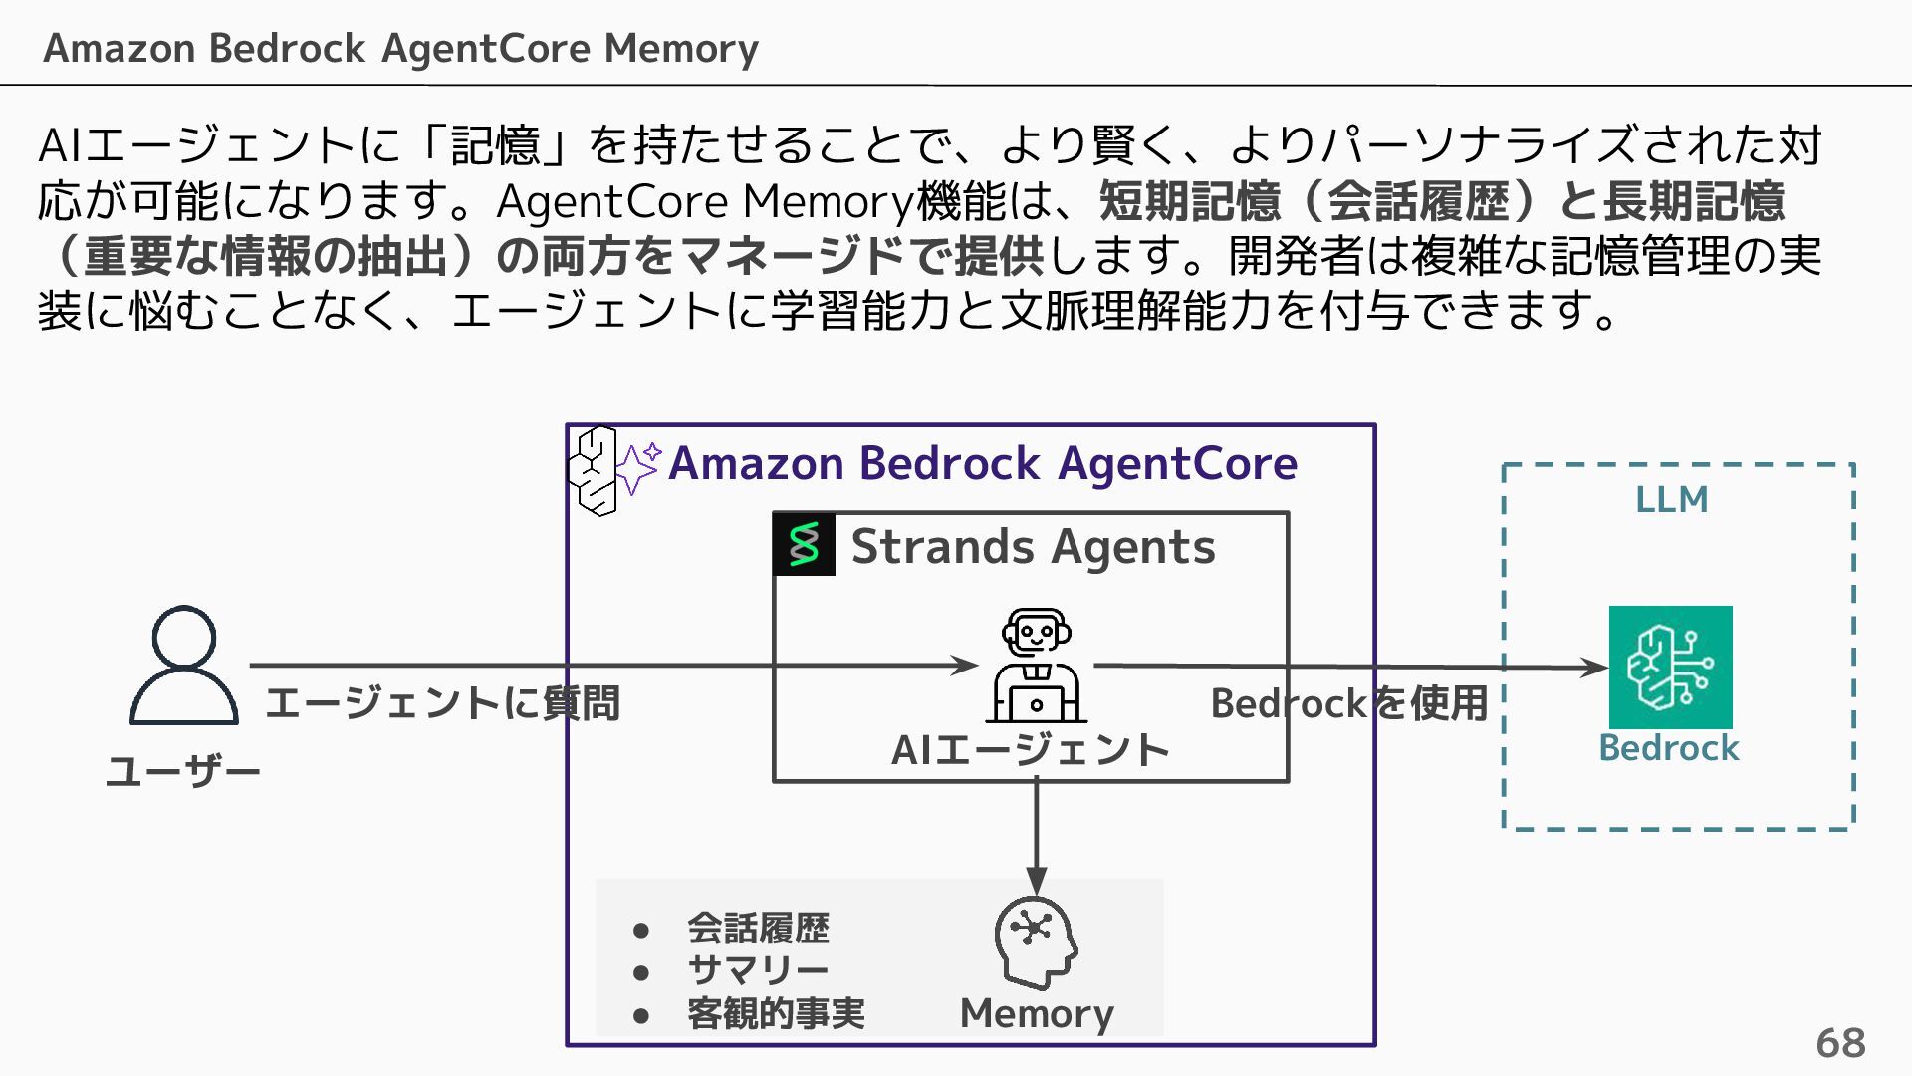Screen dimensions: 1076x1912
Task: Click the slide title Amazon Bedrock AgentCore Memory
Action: point(400,48)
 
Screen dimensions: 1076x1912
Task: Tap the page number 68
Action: point(1839,1043)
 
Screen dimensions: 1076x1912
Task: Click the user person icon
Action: point(184,665)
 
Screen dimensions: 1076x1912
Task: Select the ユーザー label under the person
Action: point(183,771)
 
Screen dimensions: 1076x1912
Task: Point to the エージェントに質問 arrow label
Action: point(442,703)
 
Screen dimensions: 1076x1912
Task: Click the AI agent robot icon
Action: point(1036,666)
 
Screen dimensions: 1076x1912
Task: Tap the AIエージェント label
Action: point(1030,750)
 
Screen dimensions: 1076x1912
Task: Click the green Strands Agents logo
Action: point(804,545)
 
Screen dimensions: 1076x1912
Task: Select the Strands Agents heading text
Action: point(1033,547)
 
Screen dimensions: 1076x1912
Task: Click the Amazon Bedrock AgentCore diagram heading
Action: point(982,463)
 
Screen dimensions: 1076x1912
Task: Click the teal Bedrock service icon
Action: point(1670,667)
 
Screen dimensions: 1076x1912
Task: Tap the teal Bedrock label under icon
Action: point(1668,748)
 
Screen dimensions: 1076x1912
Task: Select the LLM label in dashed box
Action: point(1671,499)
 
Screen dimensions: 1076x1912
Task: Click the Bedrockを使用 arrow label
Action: point(1348,703)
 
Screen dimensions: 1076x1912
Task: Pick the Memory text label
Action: point(1036,1013)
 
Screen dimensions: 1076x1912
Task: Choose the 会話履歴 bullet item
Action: point(758,929)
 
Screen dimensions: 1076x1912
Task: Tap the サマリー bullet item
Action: point(758,970)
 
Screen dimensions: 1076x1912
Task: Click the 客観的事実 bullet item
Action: point(776,1013)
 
